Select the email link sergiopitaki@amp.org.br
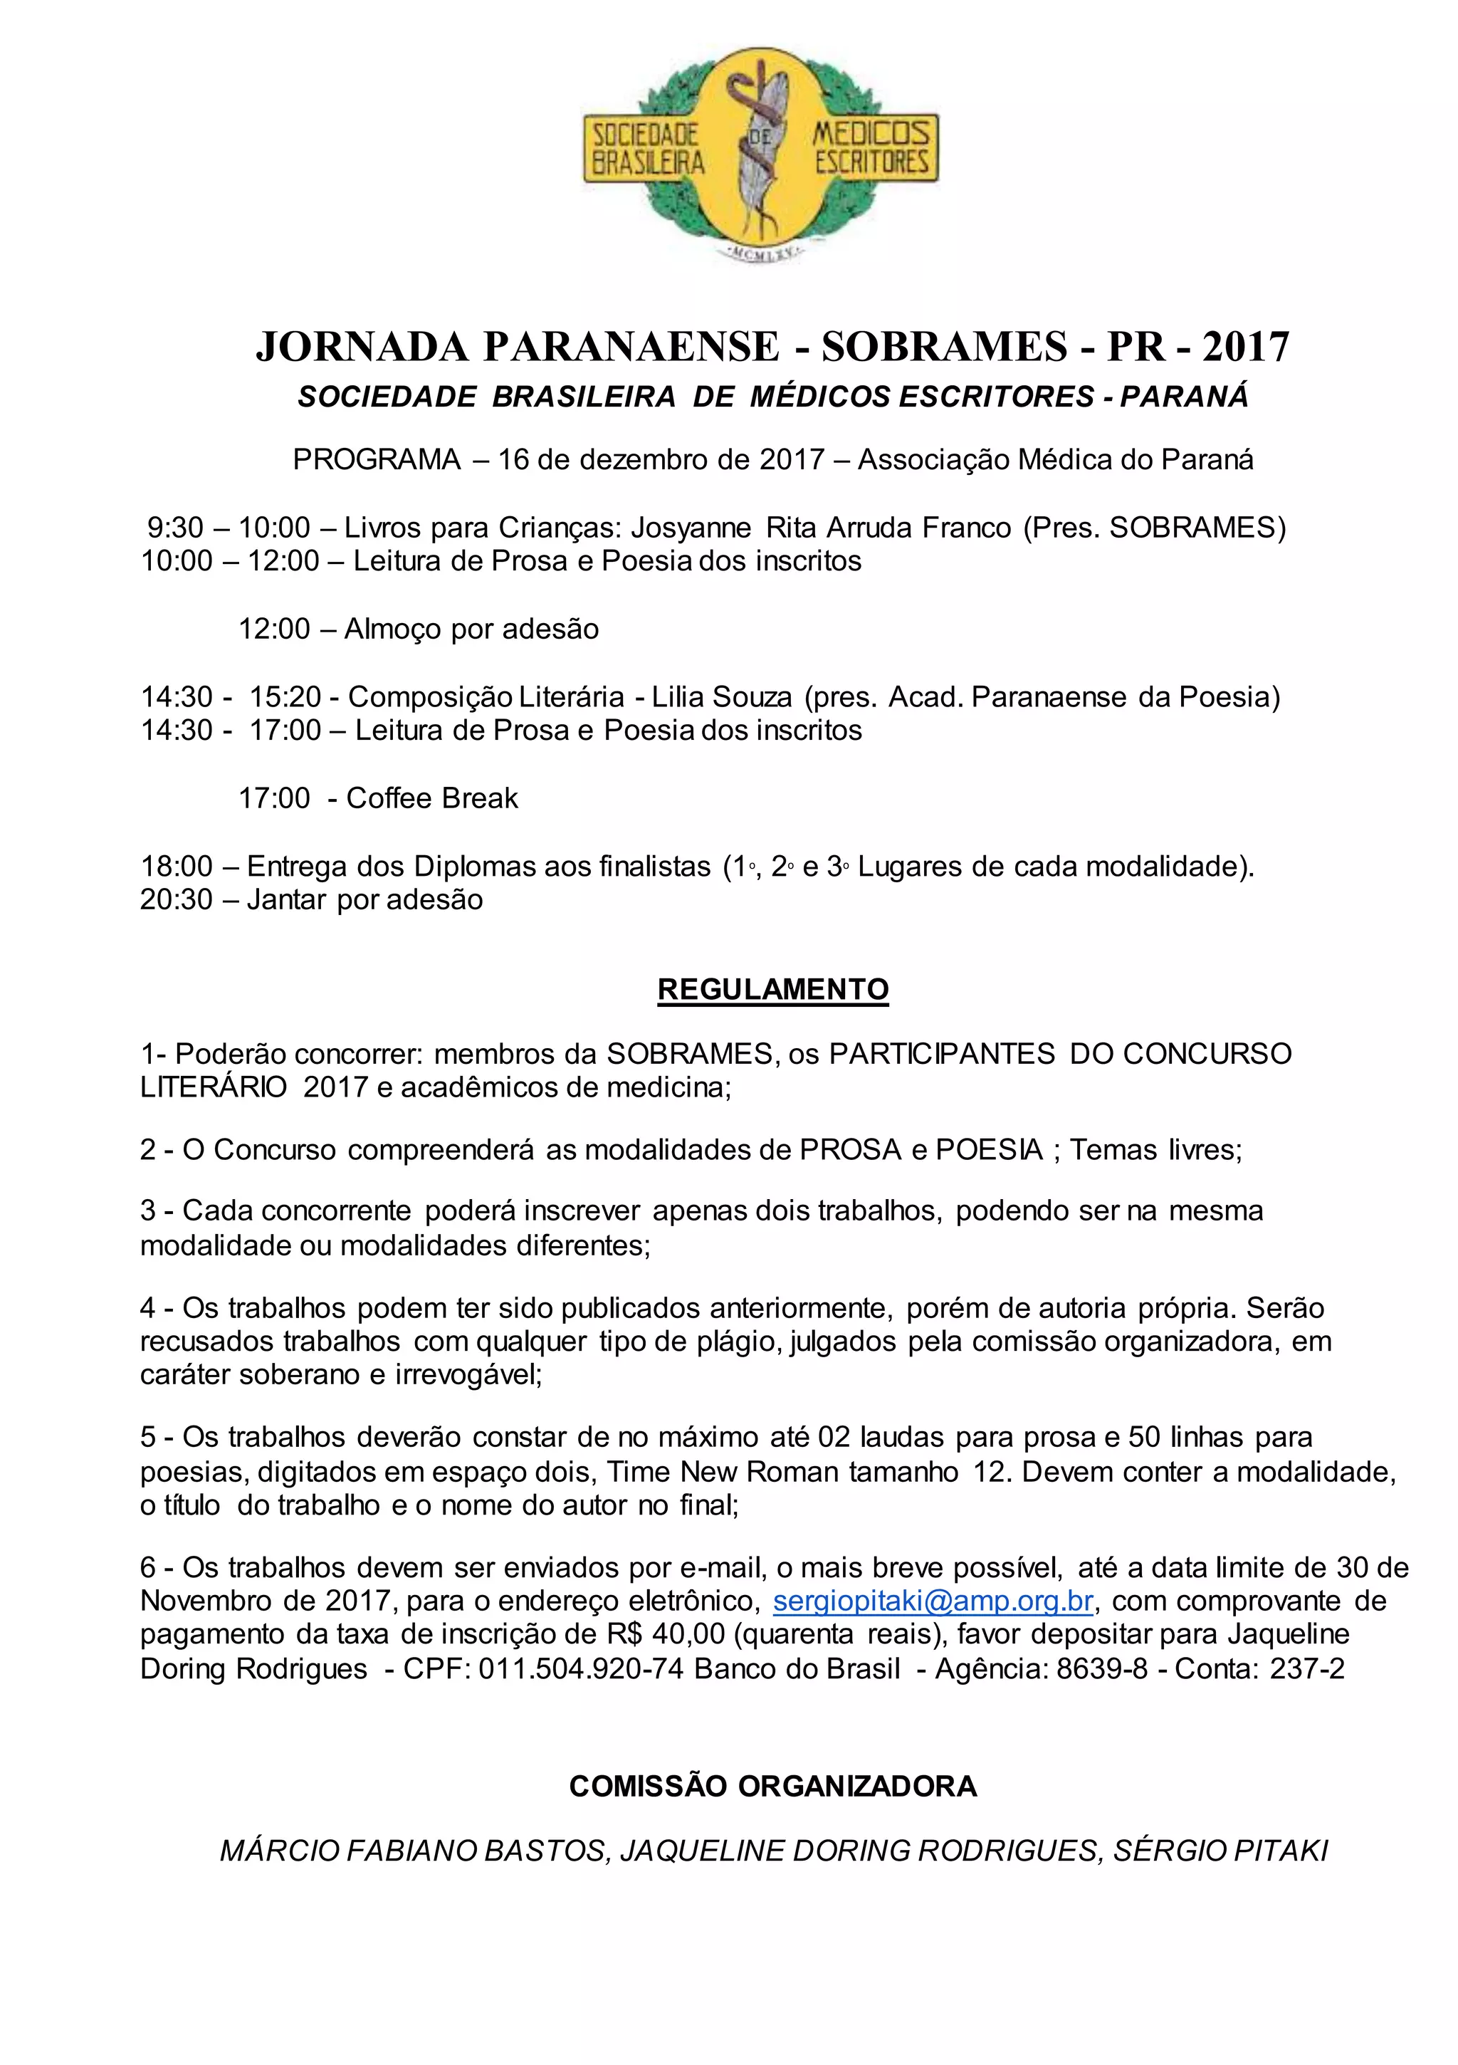[x=933, y=1601]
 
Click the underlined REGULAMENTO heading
[x=772, y=989]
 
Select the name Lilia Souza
[x=723, y=697]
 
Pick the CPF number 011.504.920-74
[x=581, y=1669]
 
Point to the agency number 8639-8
[x=1102, y=1669]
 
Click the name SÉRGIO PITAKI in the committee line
[x=1220, y=1851]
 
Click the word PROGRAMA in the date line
[x=377, y=459]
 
